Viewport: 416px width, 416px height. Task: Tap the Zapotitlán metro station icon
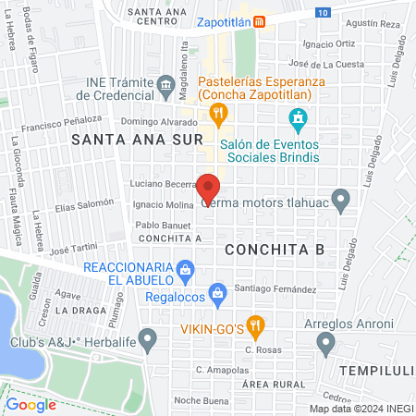click(261, 21)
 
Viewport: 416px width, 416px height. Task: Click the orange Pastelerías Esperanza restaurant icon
click(218, 115)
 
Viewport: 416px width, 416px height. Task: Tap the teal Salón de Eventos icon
click(298, 118)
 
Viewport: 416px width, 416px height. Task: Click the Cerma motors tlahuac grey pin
click(341, 198)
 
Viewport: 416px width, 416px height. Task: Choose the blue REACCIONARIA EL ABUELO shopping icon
click(186, 271)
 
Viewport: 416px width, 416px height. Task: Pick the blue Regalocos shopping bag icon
click(217, 295)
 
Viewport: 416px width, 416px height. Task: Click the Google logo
click(31, 404)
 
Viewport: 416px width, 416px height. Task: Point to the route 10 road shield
click(321, 13)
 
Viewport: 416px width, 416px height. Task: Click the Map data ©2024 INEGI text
click(360, 409)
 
